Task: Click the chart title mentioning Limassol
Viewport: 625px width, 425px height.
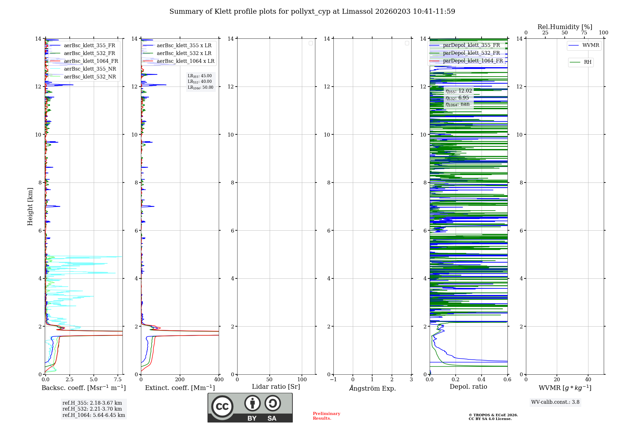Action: (312, 12)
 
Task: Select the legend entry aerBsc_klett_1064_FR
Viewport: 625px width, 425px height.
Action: (91, 61)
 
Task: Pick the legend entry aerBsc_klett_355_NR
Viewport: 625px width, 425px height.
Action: (90, 69)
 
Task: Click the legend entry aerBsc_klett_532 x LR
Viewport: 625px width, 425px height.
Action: (184, 53)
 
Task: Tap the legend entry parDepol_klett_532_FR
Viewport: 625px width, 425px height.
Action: (471, 53)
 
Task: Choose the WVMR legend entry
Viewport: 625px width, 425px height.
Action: (590, 45)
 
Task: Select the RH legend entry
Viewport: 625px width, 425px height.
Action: (587, 62)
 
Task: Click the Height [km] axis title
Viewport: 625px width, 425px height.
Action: (30, 207)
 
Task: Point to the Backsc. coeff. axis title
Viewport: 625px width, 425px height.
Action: (84, 388)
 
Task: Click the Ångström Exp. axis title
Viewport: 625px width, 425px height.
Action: (372, 388)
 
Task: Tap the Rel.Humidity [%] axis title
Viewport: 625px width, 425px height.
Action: (565, 27)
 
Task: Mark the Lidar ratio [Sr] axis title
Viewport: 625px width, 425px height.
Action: (276, 387)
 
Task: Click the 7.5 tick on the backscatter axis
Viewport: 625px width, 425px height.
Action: (118, 380)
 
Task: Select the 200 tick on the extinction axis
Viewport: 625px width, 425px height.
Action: (180, 380)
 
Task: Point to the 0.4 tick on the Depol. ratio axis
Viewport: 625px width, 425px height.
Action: (482, 380)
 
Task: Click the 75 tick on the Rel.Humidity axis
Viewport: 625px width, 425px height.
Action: (584, 33)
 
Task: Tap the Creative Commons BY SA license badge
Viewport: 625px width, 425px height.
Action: (250, 407)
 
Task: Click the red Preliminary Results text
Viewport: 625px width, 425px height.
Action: (326, 416)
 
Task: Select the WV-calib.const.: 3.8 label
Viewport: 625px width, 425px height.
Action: (555, 402)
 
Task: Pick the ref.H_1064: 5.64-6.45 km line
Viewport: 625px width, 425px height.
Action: (94, 415)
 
